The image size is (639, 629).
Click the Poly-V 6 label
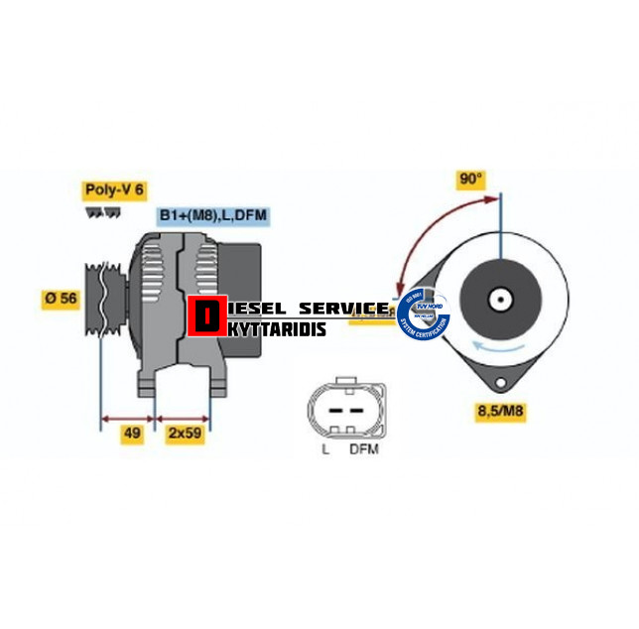click(114, 189)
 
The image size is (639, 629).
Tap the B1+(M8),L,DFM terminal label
click(213, 214)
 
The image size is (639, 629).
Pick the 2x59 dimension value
click(186, 434)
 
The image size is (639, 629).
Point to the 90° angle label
click(471, 180)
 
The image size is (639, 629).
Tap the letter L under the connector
click(325, 449)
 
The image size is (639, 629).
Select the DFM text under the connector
click(363, 449)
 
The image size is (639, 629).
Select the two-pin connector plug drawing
click(345, 408)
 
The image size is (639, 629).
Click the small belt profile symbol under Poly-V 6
click(96, 211)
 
